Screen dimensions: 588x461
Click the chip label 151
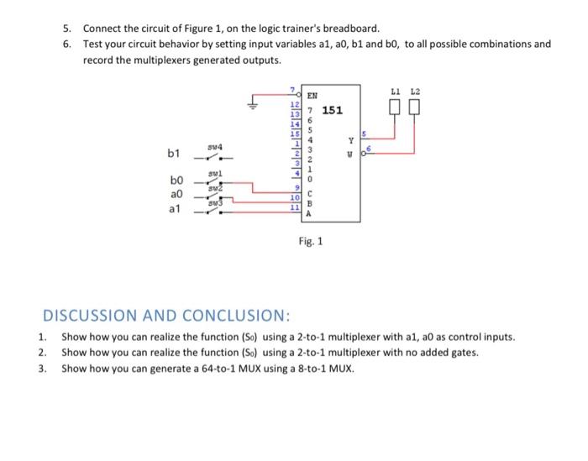[x=333, y=109]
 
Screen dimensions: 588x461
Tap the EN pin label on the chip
[x=312, y=97]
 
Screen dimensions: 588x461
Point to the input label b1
[x=174, y=154]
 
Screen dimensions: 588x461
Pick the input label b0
[x=174, y=181]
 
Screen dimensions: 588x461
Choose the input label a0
[x=174, y=194]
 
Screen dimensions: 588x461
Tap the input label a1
[x=174, y=209]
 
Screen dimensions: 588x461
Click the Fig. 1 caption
[x=311, y=242]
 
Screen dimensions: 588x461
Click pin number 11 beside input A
[x=294, y=207]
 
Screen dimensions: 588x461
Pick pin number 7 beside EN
[x=291, y=90]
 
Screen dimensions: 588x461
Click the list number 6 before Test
[x=67, y=44]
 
